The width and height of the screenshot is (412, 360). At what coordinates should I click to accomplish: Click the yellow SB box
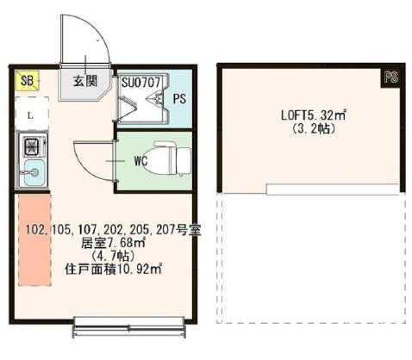coord(26,81)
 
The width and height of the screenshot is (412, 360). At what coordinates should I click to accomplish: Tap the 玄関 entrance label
coord(84,82)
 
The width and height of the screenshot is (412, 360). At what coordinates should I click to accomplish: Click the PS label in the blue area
coord(178,98)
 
